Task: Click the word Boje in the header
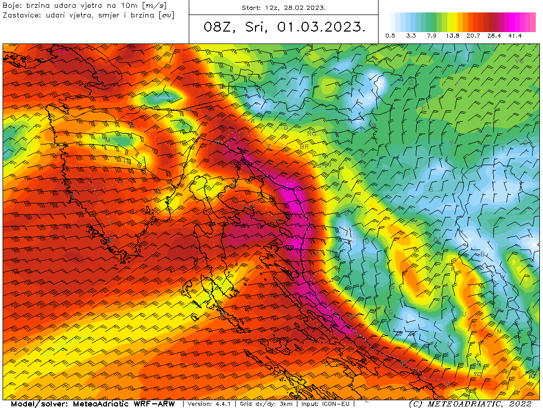pos(11,5)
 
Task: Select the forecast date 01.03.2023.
pos(320,27)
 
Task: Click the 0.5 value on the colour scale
pos(390,36)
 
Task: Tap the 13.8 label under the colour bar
pos(452,36)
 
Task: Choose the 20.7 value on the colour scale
pos(473,36)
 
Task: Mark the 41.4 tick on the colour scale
pos(515,36)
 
